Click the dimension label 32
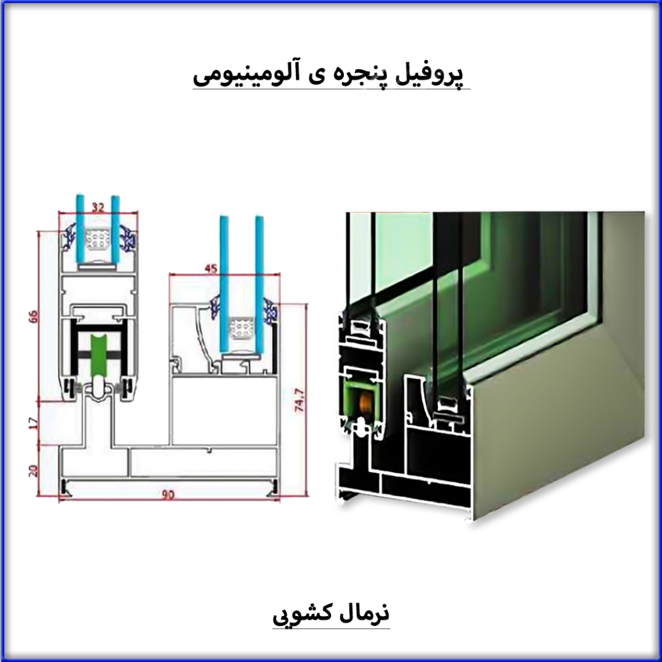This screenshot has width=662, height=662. coord(98,208)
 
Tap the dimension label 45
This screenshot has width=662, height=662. coord(211,268)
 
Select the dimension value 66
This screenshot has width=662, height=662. coord(34,316)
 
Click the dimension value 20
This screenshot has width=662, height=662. coord(34,471)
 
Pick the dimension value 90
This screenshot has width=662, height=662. coord(169,495)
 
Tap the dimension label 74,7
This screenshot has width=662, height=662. coord(300,400)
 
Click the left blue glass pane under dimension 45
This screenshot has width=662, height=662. coord(224,284)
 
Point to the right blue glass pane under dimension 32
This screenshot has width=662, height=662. coord(115,229)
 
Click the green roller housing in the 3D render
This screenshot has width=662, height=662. coord(362,401)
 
